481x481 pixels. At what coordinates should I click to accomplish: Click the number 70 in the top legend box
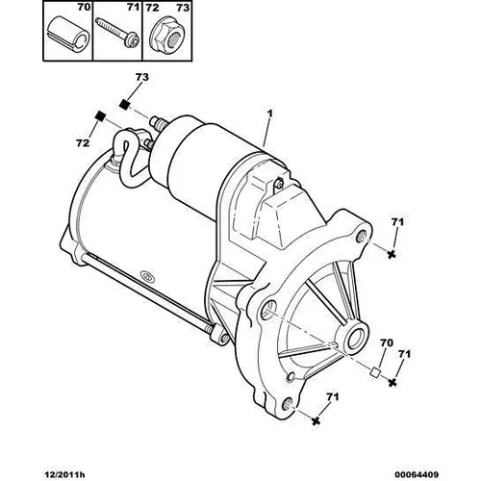click(x=84, y=8)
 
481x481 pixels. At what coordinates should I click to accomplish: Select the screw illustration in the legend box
click(x=117, y=34)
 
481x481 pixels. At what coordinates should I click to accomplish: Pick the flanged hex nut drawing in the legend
click(x=165, y=36)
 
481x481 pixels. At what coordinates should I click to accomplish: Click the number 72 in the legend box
click(x=152, y=8)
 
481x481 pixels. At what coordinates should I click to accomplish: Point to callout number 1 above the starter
click(x=270, y=114)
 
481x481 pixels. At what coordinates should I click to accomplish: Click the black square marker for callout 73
click(x=124, y=104)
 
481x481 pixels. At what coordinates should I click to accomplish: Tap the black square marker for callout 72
click(x=101, y=115)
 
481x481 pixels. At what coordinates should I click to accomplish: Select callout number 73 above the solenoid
click(x=142, y=77)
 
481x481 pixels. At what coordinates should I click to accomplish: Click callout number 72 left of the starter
click(x=83, y=143)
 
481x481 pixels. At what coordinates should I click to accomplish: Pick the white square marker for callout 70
click(x=375, y=372)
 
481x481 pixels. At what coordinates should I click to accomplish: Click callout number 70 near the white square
click(x=386, y=342)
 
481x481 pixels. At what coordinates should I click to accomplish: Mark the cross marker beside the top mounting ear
click(x=392, y=254)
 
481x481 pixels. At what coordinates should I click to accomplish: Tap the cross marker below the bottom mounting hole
click(x=316, y=420)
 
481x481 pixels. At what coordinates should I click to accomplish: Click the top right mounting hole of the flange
click(x=362, y=238)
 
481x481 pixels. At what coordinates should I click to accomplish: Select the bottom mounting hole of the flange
click(x=289, y=404)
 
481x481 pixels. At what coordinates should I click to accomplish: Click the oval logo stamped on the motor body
click(x=148, y=276)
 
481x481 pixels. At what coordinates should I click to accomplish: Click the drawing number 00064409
click(x=417, y=474)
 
